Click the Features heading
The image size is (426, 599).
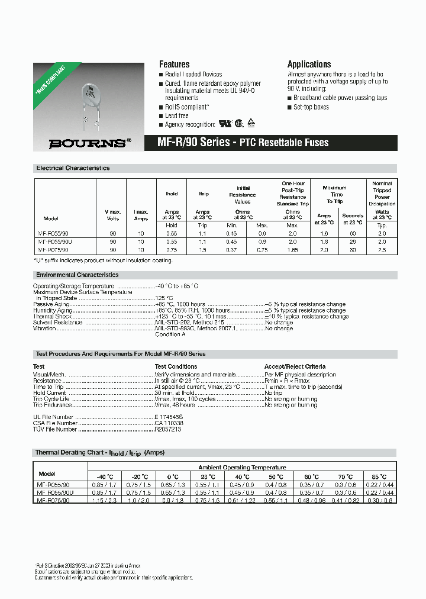click(175, 64)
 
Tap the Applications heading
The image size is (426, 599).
click(309, 64)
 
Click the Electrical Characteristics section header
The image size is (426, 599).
click(73, 168)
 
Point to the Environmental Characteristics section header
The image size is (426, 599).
click(77, 275)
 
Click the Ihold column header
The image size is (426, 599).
click(172, 194)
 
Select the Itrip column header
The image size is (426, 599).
click(204, 194)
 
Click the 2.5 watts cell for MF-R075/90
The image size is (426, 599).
click(382, 250)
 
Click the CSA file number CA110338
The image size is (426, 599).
click(169, 423)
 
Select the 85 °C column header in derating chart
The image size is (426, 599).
click(379, 476)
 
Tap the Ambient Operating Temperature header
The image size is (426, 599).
click(242, 467)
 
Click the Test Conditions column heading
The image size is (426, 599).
click(176, 366)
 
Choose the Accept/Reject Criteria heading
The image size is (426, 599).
click(295, 366)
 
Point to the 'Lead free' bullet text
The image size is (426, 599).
click(177, 115)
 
